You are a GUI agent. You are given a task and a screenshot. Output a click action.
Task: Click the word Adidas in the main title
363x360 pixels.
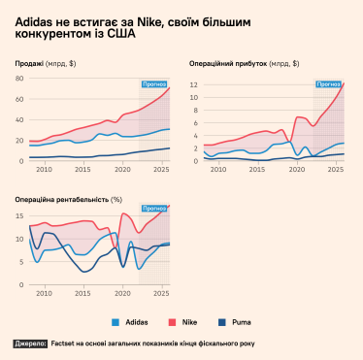point(34,19)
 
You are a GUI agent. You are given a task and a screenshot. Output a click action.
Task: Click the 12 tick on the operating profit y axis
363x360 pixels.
point(193,85)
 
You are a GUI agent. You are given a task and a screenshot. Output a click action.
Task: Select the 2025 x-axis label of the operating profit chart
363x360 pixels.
point(336,169)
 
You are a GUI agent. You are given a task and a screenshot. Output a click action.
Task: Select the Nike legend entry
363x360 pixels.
point(185,321)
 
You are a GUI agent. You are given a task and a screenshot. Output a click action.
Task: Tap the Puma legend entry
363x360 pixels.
point(235,321)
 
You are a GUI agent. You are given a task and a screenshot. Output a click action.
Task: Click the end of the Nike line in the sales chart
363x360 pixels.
point(170,87)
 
